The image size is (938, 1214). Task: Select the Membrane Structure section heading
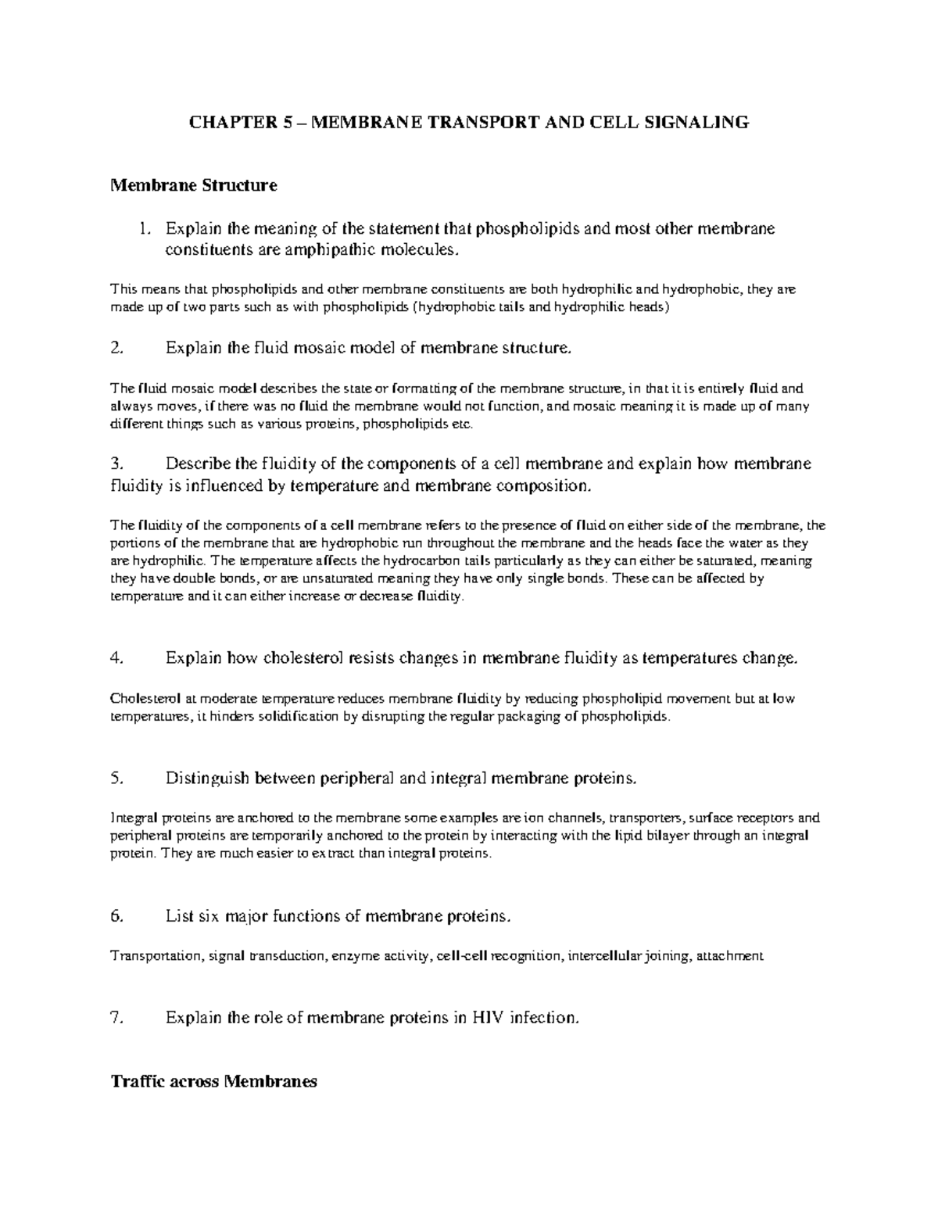click(194, 186)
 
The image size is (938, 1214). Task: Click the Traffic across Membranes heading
click(213, 1082)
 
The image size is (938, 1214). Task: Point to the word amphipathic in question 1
click(338, 250)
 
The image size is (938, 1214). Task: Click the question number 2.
click(117, 349)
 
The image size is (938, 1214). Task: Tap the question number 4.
click(117, 658)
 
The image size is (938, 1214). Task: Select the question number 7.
click(117, 1018)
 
